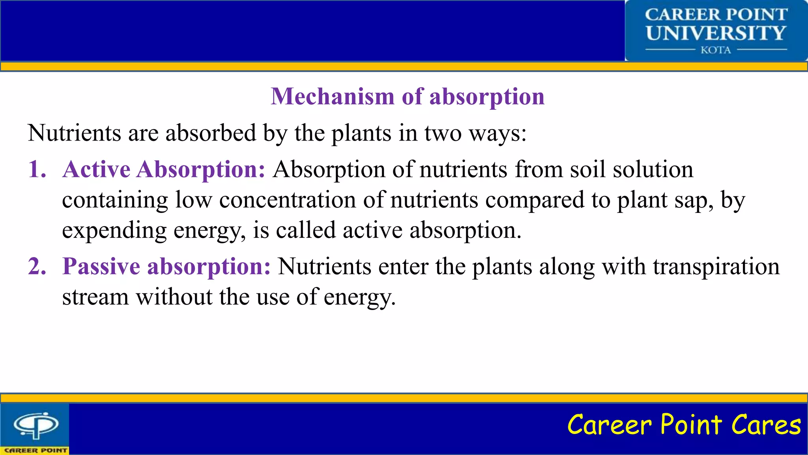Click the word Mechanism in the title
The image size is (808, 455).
point(332,96)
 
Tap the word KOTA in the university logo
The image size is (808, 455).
point(716,50)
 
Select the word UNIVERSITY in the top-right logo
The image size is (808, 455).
point(716,33)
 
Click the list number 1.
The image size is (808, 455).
point(37,169)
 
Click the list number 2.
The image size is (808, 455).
point(37,266)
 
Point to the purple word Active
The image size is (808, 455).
point(96,169)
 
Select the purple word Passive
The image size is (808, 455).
point(101,266)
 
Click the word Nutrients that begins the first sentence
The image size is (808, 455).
point(74,133)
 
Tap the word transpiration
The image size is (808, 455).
point(716,267)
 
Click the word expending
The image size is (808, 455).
point(114,231)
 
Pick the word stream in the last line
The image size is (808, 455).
point(95,297)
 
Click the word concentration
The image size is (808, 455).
point(288,200)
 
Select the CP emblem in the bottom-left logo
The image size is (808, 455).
point(36,425)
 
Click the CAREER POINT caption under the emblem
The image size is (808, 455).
point(36,450)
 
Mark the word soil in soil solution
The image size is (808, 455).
point(587,169)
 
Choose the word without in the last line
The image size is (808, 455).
point(174,297)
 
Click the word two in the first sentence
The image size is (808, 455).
point(443,133)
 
